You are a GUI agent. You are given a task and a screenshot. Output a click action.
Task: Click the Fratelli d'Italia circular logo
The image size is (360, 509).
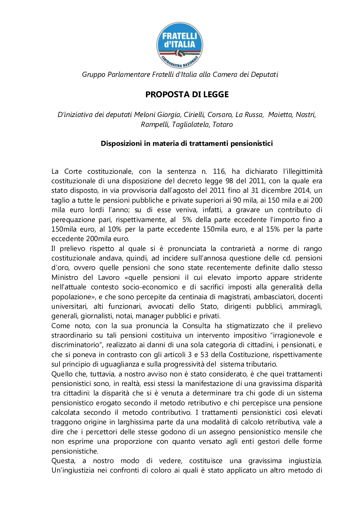click(180, 45)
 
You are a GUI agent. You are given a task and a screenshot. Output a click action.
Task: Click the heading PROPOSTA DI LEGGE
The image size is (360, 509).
click(187, 95)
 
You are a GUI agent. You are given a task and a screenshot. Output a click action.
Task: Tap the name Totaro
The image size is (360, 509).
click(223, 124)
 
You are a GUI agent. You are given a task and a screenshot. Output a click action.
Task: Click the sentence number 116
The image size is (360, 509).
click(219, 171)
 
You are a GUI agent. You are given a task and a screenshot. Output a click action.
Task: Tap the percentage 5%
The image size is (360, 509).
click(187, 220)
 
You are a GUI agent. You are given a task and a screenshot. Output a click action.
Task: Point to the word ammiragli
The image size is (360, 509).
click(305, 306)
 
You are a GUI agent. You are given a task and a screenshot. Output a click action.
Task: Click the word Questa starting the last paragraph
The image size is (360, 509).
click(63, 461)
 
